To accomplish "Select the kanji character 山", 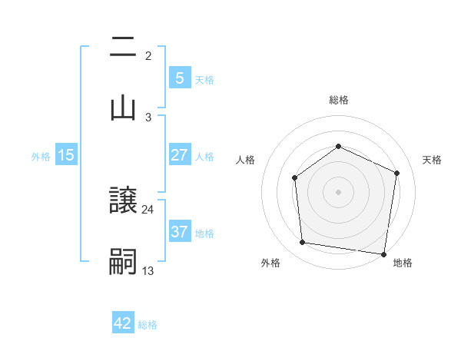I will point(123,108).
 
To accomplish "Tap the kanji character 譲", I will point(123,200).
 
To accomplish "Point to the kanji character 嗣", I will point(123,261).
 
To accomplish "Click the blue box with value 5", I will point(179,78).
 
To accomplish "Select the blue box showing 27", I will point(179,154).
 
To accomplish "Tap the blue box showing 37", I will point(179,231).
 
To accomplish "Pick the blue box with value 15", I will point(66,155).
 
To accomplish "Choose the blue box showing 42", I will point(123,323).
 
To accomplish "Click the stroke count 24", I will point(148,209).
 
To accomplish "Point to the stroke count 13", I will point(148,270).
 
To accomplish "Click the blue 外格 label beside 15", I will point(41,156).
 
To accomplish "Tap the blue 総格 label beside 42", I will point(148,324).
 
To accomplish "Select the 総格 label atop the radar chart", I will point(338,100).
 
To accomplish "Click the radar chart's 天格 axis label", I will point(433,160).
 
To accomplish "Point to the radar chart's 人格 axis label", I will point(245,160).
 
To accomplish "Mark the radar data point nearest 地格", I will point(384,253).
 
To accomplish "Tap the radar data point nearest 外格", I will point(303,243).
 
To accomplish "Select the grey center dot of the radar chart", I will point(338,191).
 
